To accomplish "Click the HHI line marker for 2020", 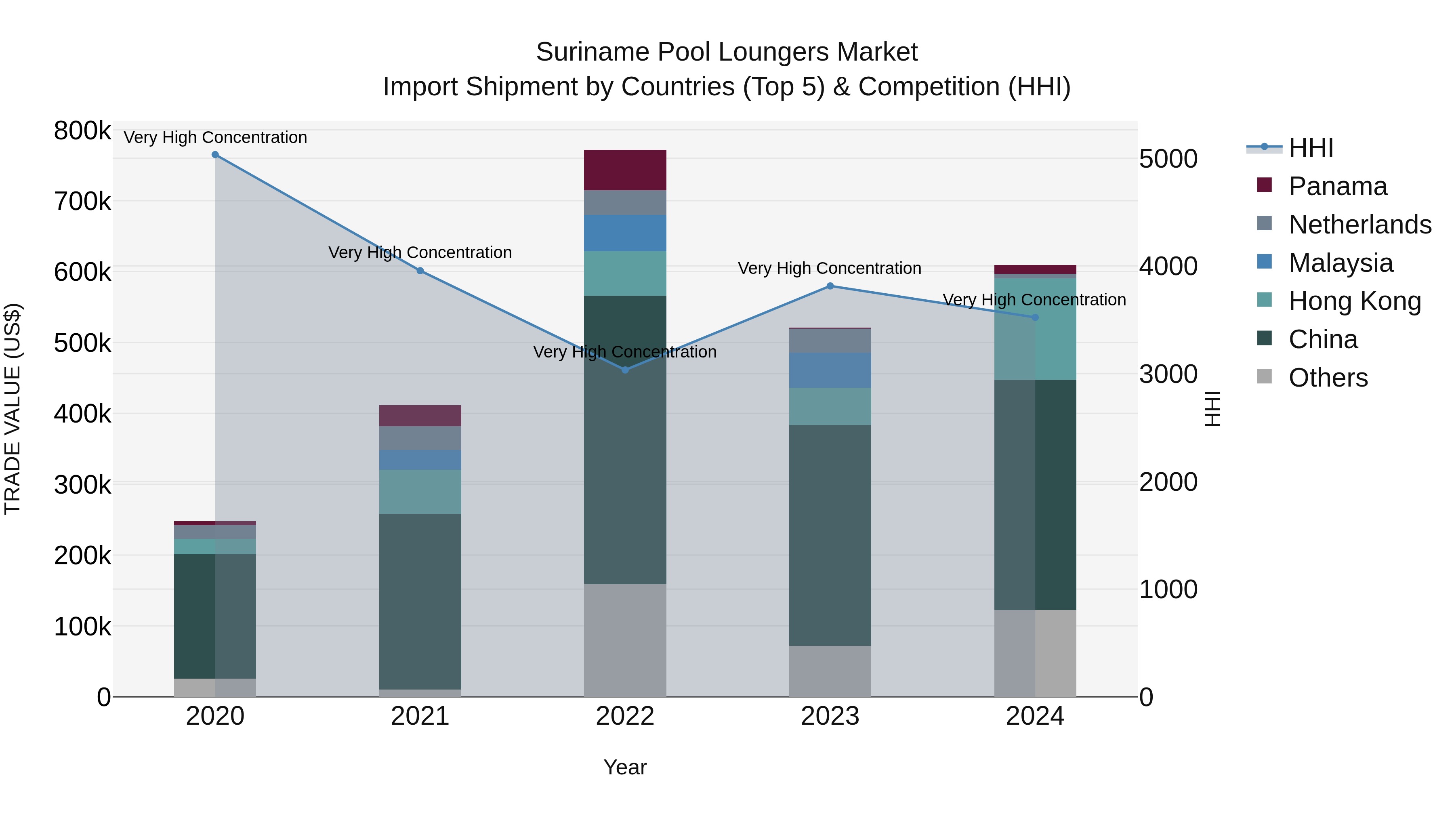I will click(215, 155).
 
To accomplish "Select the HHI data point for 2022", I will click(625, 370).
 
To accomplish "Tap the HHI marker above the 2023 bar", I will click(830, 286).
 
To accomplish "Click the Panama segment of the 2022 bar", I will click(625, 170).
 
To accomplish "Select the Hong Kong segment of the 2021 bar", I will click(420, 491).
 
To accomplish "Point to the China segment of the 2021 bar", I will click(420, 601).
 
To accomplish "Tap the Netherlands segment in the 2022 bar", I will click(625, 203).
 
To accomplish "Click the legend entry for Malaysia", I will click(1340, 263).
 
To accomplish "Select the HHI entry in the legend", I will click(1310, 148).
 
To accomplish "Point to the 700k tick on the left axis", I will click(82, 202).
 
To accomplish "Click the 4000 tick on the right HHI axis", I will click(1168, 267).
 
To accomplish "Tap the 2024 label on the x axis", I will click(1035, 716).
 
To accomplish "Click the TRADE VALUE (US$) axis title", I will click(13, 409).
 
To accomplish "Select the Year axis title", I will click(625, 767).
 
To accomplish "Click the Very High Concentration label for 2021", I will click(420, 252).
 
